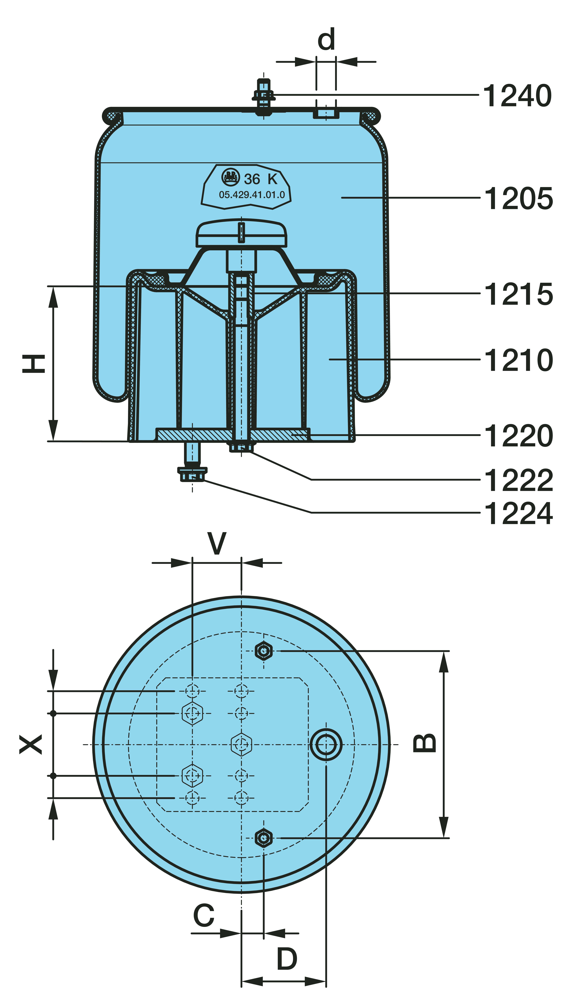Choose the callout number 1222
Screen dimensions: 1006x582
click(518, 481)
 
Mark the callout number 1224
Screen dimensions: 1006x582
click(518, 514)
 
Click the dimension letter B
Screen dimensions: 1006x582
click(424, 743)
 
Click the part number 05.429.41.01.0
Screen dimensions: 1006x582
click(252, 195)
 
